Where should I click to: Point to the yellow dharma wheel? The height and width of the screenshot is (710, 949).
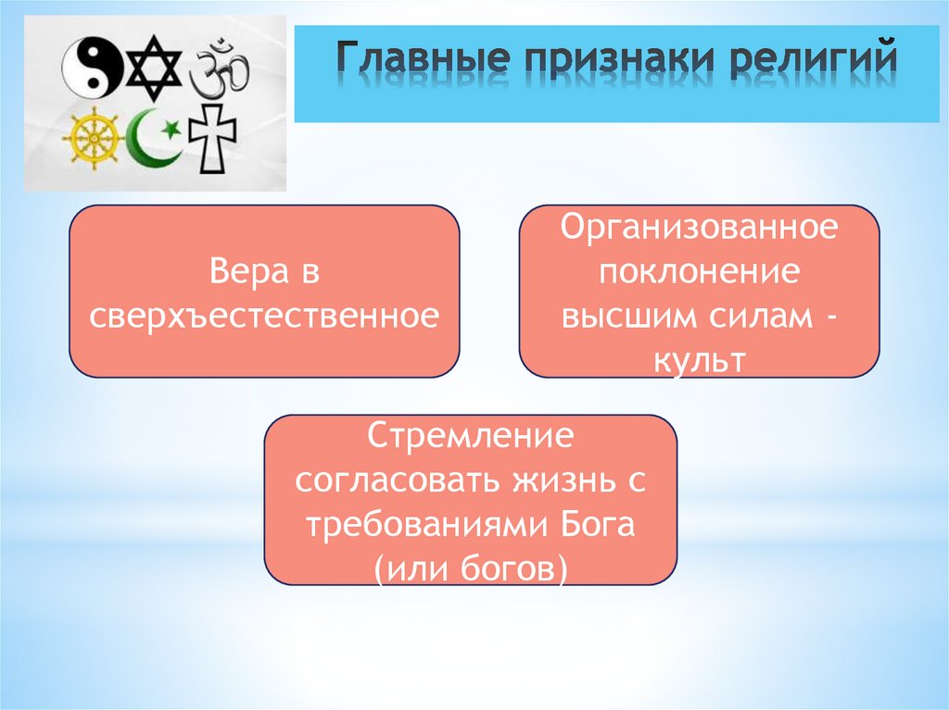point(93,140)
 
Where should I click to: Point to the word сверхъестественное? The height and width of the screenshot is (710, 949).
point(263,317)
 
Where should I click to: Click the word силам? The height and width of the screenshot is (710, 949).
point(757,316)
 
